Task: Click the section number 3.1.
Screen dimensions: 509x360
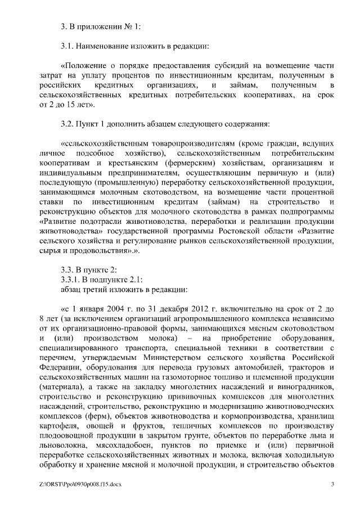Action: (67, 46)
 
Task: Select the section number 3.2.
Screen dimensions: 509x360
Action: (67, 123)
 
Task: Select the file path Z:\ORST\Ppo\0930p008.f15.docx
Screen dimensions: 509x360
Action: (80, 484)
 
